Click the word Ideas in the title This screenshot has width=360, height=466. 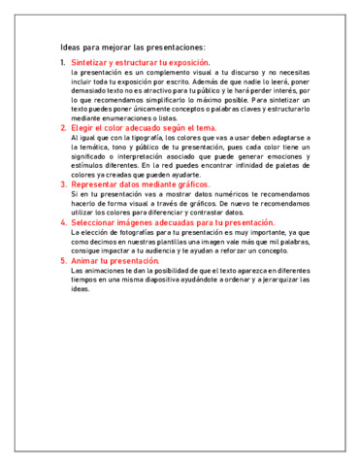(x=71, y=45)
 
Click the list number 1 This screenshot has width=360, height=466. (x=63, y=62)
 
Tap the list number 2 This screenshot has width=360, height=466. (x=63, y=127)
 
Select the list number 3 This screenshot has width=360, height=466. (x=63, y=183)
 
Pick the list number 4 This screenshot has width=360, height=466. (x=63, y=222)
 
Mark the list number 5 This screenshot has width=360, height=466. (x=63, y=260)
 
